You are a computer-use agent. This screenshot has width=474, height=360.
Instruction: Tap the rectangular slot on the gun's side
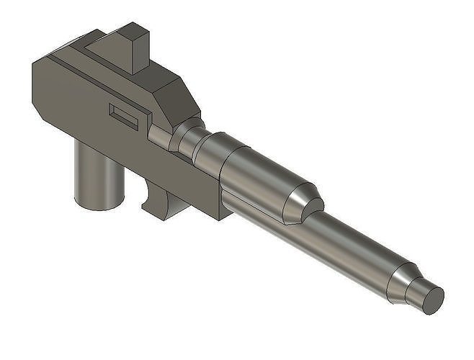pos(123,116)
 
